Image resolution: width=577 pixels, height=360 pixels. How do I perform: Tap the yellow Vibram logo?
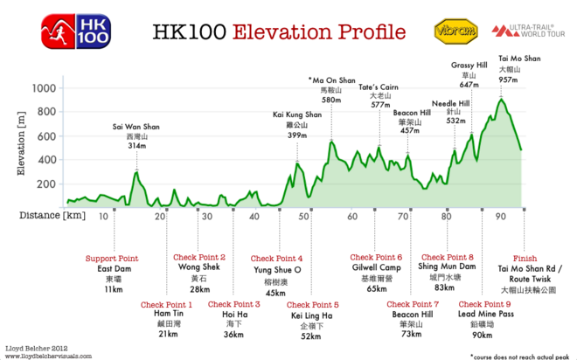click(455, 31)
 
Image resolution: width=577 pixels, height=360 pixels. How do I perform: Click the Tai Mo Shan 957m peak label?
click(507, 68)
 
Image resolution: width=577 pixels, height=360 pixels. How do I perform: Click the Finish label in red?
click(525, 258)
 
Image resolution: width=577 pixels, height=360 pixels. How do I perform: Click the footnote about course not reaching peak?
click(518, 355)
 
